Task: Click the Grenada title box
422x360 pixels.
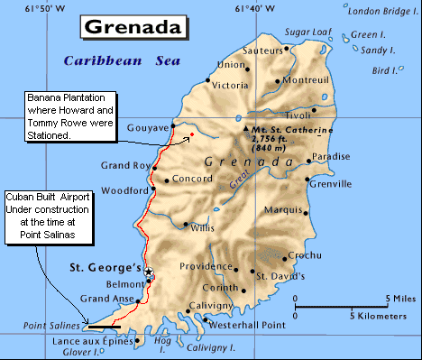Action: point(136,25)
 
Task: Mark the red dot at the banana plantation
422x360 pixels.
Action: point(191,136)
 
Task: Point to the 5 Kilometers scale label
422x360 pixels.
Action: point(381,317)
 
